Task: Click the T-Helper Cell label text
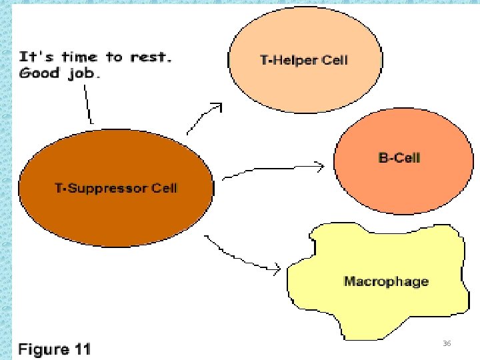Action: tap(303, 60)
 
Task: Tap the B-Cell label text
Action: tap(399, 158)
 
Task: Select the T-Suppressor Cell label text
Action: tap(116, 188)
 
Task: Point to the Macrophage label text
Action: tap(386, 281)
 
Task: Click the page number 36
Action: tap(447, 343)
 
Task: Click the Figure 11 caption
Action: tap(54, 349)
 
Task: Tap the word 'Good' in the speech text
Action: tap(39, 73)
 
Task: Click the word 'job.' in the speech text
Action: tap(84, 73)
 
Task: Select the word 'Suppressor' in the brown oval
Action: tap(108, 188)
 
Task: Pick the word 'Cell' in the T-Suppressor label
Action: tap(165, 188)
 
